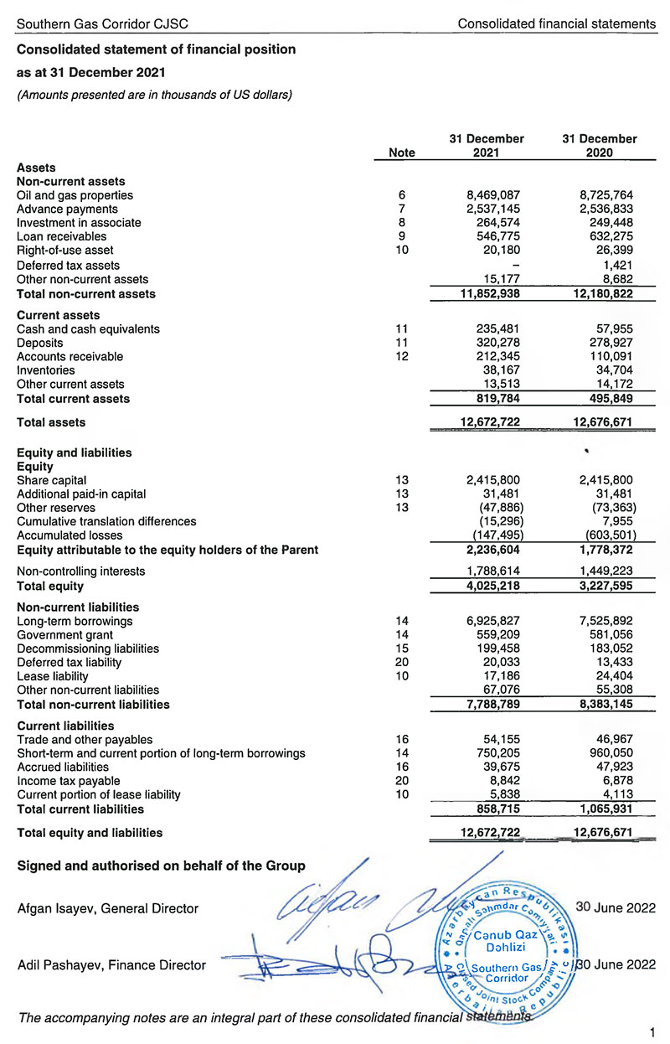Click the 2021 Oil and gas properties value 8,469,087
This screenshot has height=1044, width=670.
[496, 195]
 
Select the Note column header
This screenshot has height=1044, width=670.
[402, 152]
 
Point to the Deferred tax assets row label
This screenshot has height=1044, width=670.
[68, 265]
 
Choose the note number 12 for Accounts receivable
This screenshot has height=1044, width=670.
[402, 356]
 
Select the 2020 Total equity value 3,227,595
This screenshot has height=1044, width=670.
[599, 585]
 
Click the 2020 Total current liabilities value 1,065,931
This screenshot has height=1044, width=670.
[599, 809]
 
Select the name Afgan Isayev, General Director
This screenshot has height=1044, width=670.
[108, 908]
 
